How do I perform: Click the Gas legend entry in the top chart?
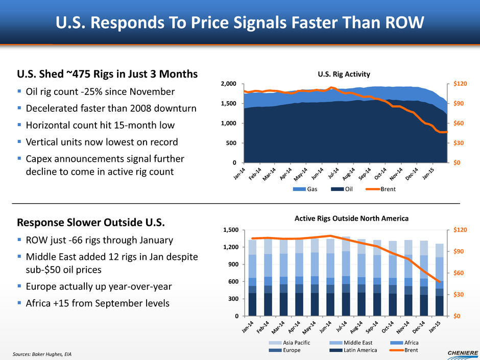306,189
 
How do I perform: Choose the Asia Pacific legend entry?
296,343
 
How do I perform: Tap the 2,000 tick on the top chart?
228,84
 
